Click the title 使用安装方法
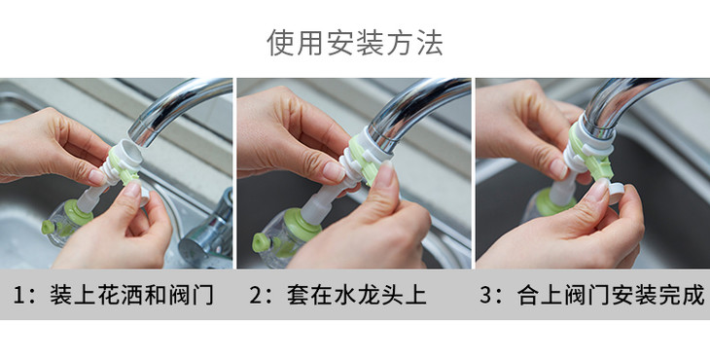(355, 43)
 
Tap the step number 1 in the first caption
(19, 295)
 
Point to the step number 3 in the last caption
(486, 295)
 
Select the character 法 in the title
(430, 43)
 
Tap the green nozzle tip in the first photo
(48, 227)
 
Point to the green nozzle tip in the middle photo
(260, 242)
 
